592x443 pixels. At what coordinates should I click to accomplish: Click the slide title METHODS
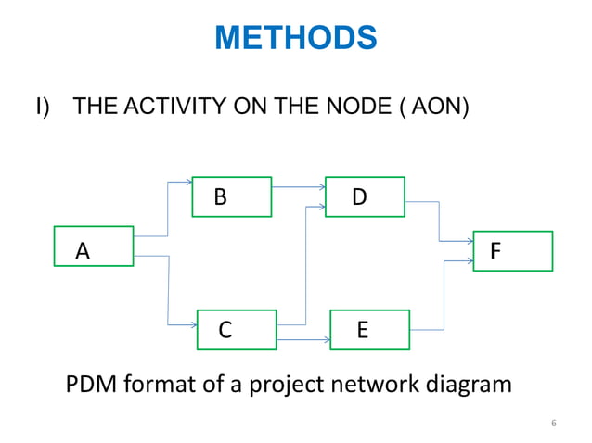point(295,39)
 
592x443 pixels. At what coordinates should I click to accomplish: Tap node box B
point(231,196)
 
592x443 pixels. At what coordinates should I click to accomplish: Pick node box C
point(237,330)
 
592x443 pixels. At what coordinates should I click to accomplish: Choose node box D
point(365,196)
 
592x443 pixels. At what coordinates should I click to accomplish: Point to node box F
point(513,251)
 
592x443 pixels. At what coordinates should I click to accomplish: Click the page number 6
point(553,424)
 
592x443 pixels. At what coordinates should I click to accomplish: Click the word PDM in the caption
point(90,383)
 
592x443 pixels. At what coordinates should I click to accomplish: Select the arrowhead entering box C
point(193,323)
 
